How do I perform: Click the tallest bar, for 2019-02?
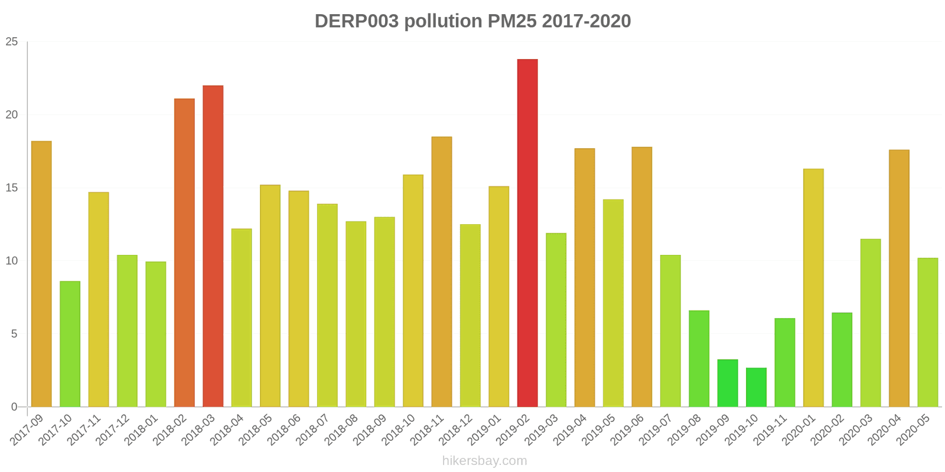coord(527,233)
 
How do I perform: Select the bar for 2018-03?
coord(213,246)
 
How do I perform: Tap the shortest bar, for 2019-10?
coord(756,388)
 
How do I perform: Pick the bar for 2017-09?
coord(41,274)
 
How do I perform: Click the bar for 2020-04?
coord(899,278)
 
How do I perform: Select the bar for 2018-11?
coord(442,271)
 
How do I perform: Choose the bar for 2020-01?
coord(813,288)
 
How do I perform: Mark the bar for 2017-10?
coord(70,344)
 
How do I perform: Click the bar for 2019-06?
coord(641,277)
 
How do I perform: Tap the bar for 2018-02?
coord(184,253)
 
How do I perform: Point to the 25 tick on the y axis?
coord(12,42)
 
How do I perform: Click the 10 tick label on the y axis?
coord(12,261)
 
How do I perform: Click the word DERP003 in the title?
coord(357,21)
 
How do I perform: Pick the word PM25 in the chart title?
coord(512,21)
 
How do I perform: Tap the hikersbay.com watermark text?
coord(484,461)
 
